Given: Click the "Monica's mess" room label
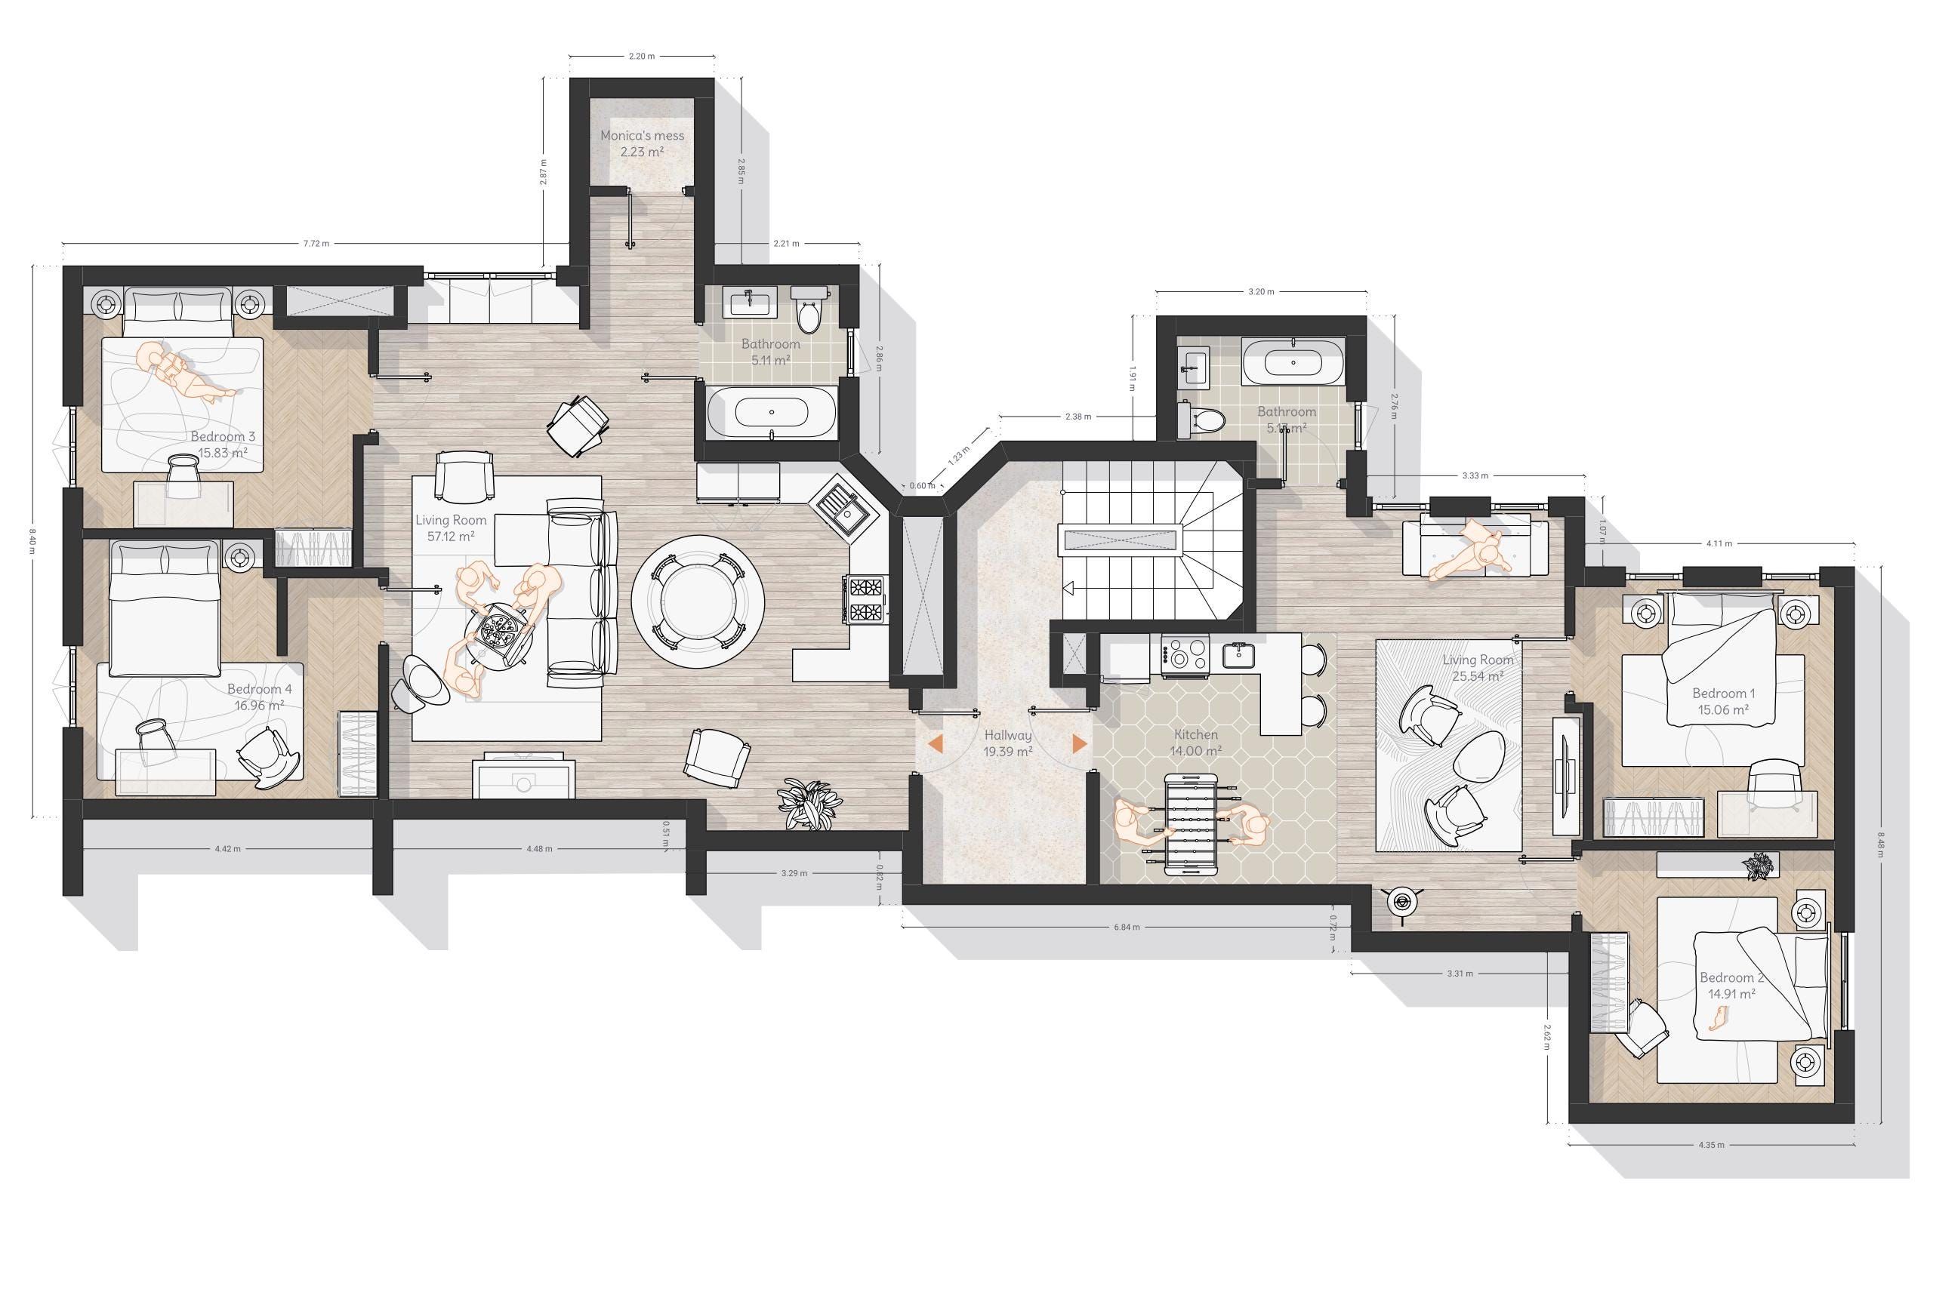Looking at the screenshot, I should click(x=641, y=143).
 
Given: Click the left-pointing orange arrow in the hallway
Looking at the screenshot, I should click(x=935, y=743).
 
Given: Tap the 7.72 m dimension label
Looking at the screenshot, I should click(x=316, y=244).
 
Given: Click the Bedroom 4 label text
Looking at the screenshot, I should click(x=259, y=697).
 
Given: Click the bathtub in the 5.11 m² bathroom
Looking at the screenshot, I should click(x=771, y=412).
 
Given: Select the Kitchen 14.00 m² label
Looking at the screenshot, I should click(x=1195, y=743).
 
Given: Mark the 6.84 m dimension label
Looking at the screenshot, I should click(x=1126, y=927).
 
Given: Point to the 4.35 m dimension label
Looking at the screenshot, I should click(x=1710, y=1145).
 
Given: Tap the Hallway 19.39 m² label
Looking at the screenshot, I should click(x=1007, y=743).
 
